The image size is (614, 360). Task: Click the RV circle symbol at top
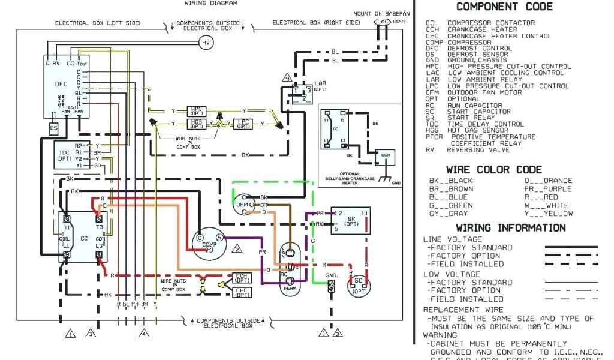pos(206,43)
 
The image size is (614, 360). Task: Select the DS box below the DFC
pos(54,128)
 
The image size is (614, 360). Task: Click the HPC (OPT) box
pos(196,111)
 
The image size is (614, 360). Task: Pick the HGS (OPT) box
pos(196,124)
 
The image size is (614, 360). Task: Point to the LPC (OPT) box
pos(243,124)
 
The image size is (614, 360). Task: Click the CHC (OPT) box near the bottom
pos(242,292)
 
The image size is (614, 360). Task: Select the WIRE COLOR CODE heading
pos(493,170)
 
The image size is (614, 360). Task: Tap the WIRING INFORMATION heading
pos(510,228)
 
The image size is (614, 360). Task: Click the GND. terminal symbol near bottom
pos(330,288)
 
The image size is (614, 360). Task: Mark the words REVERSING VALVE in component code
pos(478,150)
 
